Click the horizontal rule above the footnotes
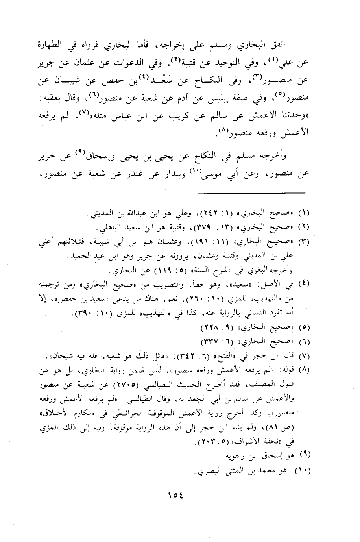[x=251, y=192]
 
